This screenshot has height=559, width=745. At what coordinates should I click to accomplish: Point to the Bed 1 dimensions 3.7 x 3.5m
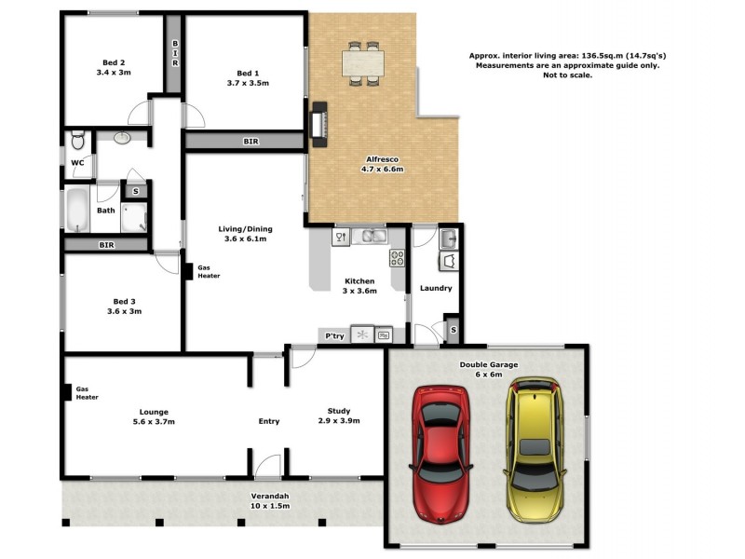pyautogui.click(x=247, y=83)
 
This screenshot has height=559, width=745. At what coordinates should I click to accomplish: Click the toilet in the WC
pyautogui.click(x=77, y=141)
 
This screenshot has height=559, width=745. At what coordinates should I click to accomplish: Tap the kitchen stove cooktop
pyautogui.click(x=397, y=258)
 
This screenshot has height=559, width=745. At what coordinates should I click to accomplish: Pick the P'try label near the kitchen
pyautogui.click(x=333, y=334)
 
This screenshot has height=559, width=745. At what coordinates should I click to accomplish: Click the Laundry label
pyautogui.click(x=436, y=288)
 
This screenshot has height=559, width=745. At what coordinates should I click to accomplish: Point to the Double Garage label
pyautogui.click(x=489, y=364)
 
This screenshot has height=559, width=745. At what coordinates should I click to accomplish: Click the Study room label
pyautogui.click(x=338, y=411)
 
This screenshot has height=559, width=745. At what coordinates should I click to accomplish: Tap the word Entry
pyautogui.click(x=268, y=421)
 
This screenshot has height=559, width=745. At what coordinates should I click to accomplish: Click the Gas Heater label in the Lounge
pyautogui.click(x=87, y=392)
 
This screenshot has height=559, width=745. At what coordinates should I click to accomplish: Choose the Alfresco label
pyautogui.click(x=382, y=159)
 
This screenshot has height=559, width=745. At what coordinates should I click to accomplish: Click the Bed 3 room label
pyautogui.click(x=125, y=301)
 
